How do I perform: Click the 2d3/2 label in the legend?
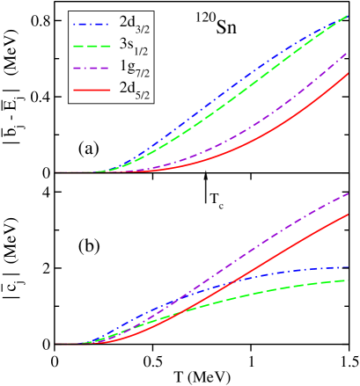(x=134, y=24)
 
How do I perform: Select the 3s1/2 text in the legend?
(x=134, y=46)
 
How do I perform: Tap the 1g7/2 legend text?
(x=134, y=68)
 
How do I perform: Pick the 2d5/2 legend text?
(x=134, y=89)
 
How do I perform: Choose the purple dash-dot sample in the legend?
(x=92, y=66)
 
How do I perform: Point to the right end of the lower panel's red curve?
(x=349, y=214)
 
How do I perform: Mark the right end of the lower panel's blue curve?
(x=349, y=266)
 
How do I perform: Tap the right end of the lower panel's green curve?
(x=349, y=280)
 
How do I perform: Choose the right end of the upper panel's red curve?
(x=349, y=73)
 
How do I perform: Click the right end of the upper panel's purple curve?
(x=349, y=53)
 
